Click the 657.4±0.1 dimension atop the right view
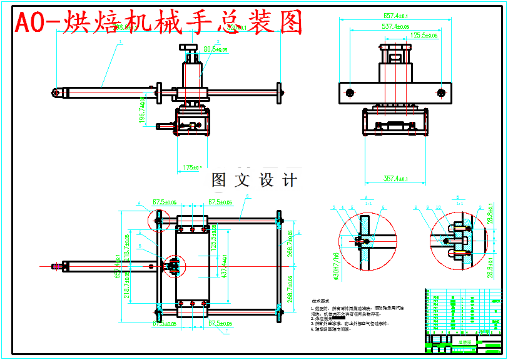pos(392,15)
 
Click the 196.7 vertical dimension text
pos(142,109)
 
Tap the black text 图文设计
pos(254,181)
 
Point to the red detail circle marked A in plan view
pos(159,219)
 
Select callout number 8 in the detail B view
pos(415,207)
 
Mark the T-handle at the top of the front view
pos(191,47)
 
